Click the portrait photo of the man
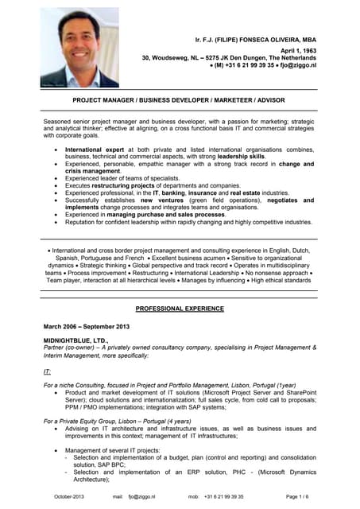point(79,48)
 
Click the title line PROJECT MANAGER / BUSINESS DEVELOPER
point(180,101)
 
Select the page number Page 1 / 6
point(297,496)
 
